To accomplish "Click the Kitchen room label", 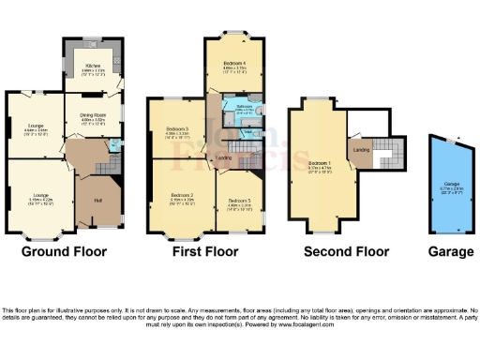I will click(92, 66).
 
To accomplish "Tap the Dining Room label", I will click(93, 116).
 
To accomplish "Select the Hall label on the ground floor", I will click(97, 199).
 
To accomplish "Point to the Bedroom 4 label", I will click(233, 64).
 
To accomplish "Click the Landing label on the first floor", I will click(224, 157).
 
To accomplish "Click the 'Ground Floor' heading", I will click(64, 251).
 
